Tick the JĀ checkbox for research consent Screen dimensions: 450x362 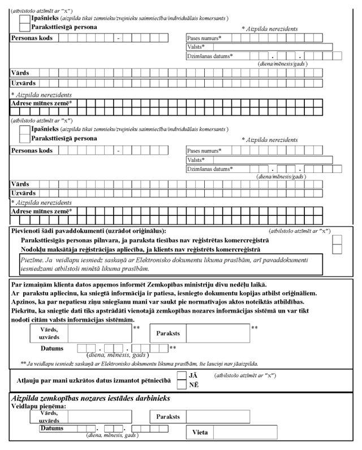tap(182, 375)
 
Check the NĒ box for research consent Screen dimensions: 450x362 tap(182, 384)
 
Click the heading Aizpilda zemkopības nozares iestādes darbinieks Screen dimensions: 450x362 tap(91, 398)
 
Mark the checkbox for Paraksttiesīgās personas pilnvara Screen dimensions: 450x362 tap(338, 240)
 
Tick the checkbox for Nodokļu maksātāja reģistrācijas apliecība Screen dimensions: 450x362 tap(338, 249)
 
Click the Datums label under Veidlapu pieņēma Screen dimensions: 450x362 tap(51, 429)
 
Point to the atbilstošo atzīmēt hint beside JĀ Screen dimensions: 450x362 tap(243, 375)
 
